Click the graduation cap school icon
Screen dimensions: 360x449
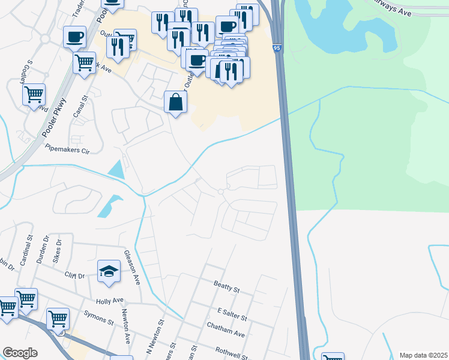[x=109, y=271]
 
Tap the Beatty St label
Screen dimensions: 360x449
[x=226, y=286]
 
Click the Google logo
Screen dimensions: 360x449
[x=20, y=353]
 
